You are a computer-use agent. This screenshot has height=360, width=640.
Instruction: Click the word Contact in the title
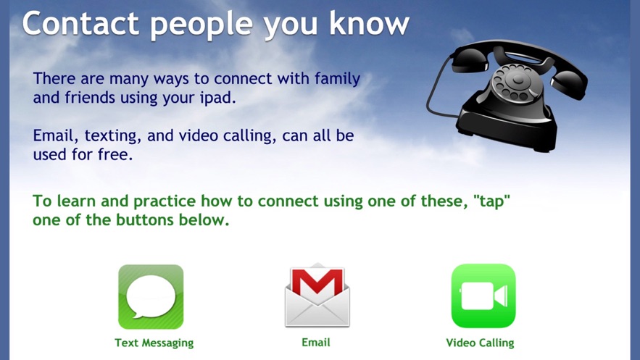(80, 23)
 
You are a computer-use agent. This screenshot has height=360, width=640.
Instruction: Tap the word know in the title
(369, 23)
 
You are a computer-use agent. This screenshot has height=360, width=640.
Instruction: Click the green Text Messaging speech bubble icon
(151, 297)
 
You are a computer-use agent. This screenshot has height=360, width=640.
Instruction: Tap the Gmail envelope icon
(317, 296)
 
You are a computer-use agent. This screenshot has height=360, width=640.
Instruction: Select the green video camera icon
(483, 296)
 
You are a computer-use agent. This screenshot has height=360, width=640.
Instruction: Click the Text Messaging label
(154, 343)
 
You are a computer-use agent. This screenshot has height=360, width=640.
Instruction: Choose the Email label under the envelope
(316, 343)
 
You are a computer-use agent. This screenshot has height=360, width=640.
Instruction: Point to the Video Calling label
(480, 343)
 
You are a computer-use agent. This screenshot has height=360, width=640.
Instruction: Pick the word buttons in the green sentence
(144, 220)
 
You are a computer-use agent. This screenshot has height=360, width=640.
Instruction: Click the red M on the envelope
(317, 282)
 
